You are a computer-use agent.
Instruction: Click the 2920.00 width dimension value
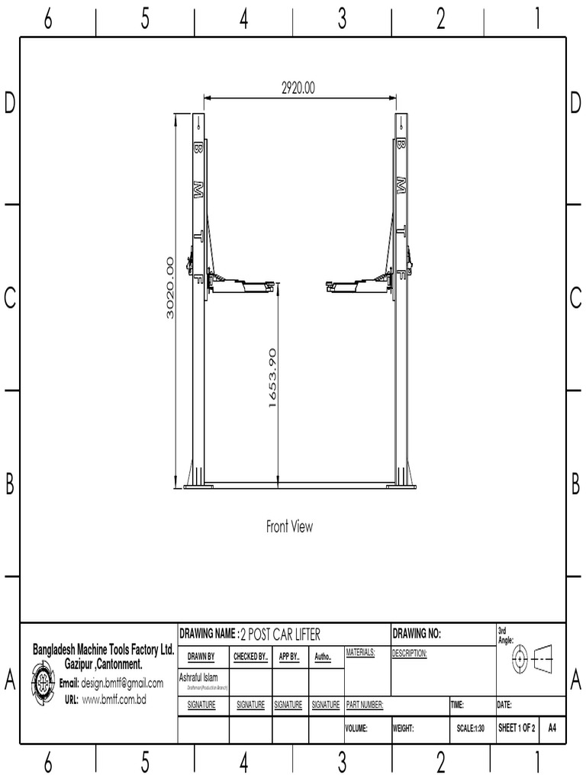[298, 88]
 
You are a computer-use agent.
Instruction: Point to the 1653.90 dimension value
[272, 378]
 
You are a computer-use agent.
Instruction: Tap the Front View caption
[289, 526]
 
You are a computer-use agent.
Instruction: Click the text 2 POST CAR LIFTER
[280, 635]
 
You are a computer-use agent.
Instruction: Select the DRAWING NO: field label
[417, 634]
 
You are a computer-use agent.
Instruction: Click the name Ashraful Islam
[198, 677]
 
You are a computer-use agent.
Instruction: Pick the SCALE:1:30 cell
[470, 728]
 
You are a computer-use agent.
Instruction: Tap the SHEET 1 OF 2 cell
[517, 728]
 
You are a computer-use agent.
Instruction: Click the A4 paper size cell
[552, 728]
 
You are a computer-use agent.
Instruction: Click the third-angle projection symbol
[533, 656]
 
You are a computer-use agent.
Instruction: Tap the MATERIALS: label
[360, 654]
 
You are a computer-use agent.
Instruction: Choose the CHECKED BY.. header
[250, 657]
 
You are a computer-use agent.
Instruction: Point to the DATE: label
[504, 705]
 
